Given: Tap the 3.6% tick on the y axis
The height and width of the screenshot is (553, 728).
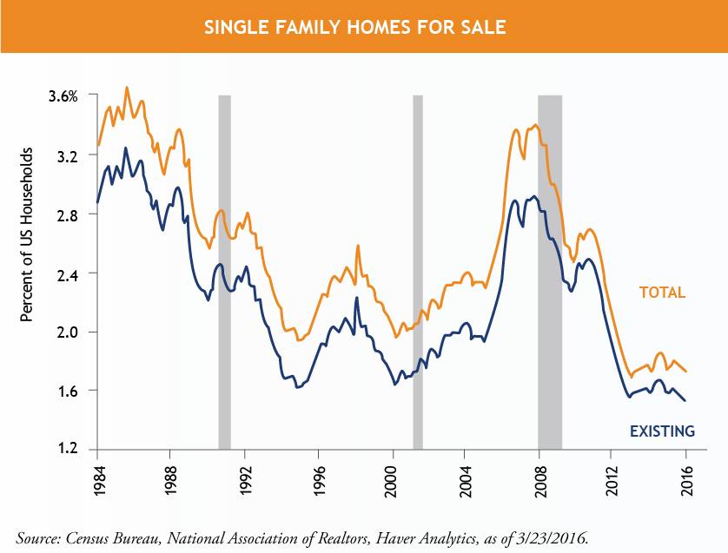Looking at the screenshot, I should pos(63,96).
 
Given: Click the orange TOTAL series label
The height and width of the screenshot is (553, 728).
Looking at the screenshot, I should pos(663,293).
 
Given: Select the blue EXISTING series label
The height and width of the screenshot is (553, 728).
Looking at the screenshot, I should pos(661,431).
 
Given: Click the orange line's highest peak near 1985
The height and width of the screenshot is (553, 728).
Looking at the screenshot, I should pos(127,88).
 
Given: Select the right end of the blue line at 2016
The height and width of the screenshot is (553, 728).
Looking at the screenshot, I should pos(685,400).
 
